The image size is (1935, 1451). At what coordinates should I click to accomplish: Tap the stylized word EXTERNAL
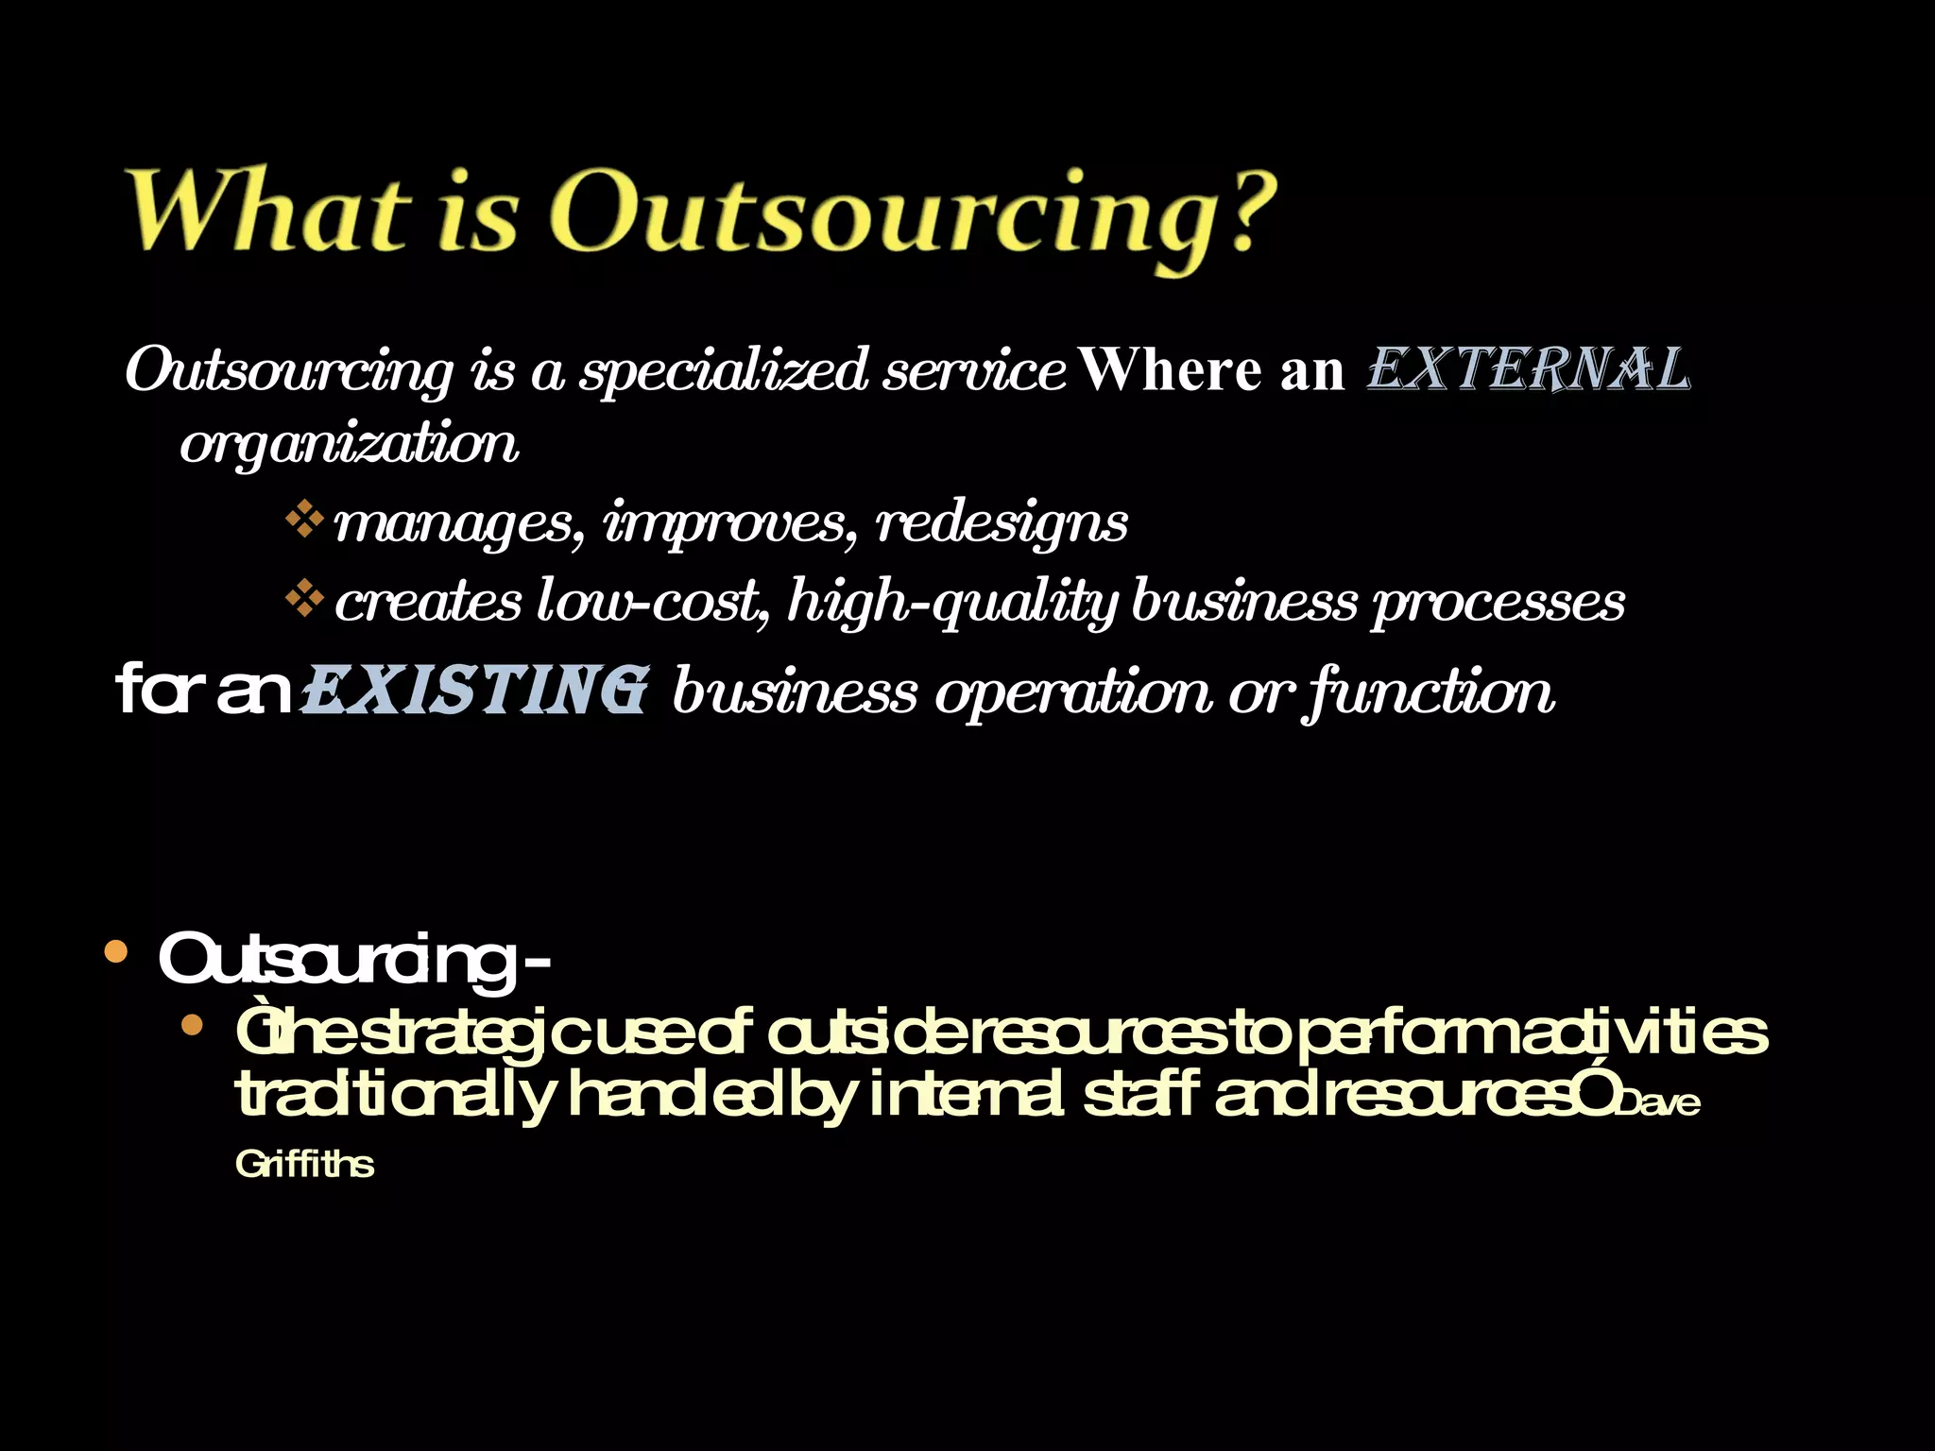coord(1528,369)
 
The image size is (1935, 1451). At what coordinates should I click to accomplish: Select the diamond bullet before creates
coord(304,599)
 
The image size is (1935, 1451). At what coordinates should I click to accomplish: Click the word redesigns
coord(1002,522)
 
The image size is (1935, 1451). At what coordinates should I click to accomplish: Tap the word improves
coord(730,522)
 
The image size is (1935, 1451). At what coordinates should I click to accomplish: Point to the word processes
coord(1498,603)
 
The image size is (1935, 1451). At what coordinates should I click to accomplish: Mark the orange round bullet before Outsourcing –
coord(115,951)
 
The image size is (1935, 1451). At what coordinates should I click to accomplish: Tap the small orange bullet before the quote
coord(193,1025)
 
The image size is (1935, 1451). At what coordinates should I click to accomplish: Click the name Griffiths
coord(304,1164)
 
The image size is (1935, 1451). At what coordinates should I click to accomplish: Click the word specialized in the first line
coord(724,371)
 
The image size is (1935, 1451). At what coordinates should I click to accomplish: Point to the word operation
coord(1073,692)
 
